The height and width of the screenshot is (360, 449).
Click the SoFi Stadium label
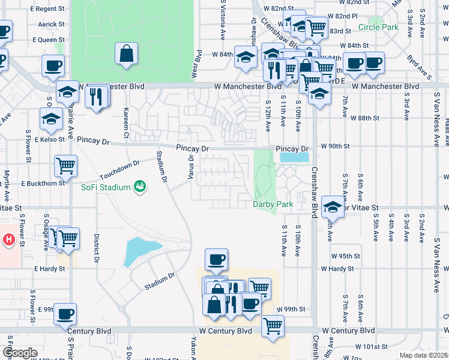click(106, 187)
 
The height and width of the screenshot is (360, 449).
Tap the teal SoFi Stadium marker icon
click(140, 187)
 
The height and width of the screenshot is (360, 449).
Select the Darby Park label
click(273, 205)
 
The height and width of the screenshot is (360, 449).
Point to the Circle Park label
click(378, 28)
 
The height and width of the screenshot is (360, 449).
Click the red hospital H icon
click(9, 240)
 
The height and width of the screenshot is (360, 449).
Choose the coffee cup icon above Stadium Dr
click(216, 259)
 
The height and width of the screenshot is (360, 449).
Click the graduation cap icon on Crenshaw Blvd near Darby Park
click(333, 206)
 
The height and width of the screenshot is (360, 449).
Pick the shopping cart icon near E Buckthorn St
click(65, 164)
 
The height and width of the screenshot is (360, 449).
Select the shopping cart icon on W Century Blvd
click(273, 326)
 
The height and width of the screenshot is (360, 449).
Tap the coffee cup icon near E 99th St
click(65, 313)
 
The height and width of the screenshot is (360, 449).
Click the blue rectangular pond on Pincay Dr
click(294, 157)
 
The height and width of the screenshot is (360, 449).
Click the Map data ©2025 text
click(424, 355)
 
